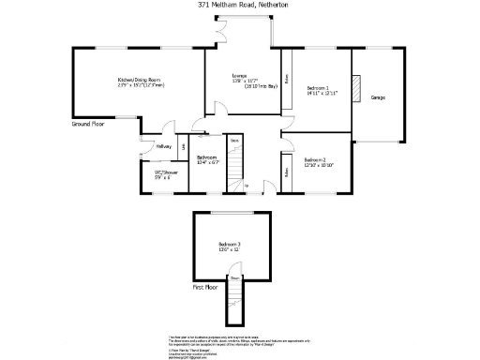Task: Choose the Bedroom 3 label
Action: tap(231, 244)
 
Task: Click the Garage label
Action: tap(378, 97)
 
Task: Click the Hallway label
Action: tap(163, 147)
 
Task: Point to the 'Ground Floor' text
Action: tap(89, 123)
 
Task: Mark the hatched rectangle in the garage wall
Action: tap(355, 87)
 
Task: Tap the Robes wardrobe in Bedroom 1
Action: tap(286, 78)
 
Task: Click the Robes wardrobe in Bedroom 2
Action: tap(286, 172)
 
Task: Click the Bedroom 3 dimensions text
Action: tap(231, 249)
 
